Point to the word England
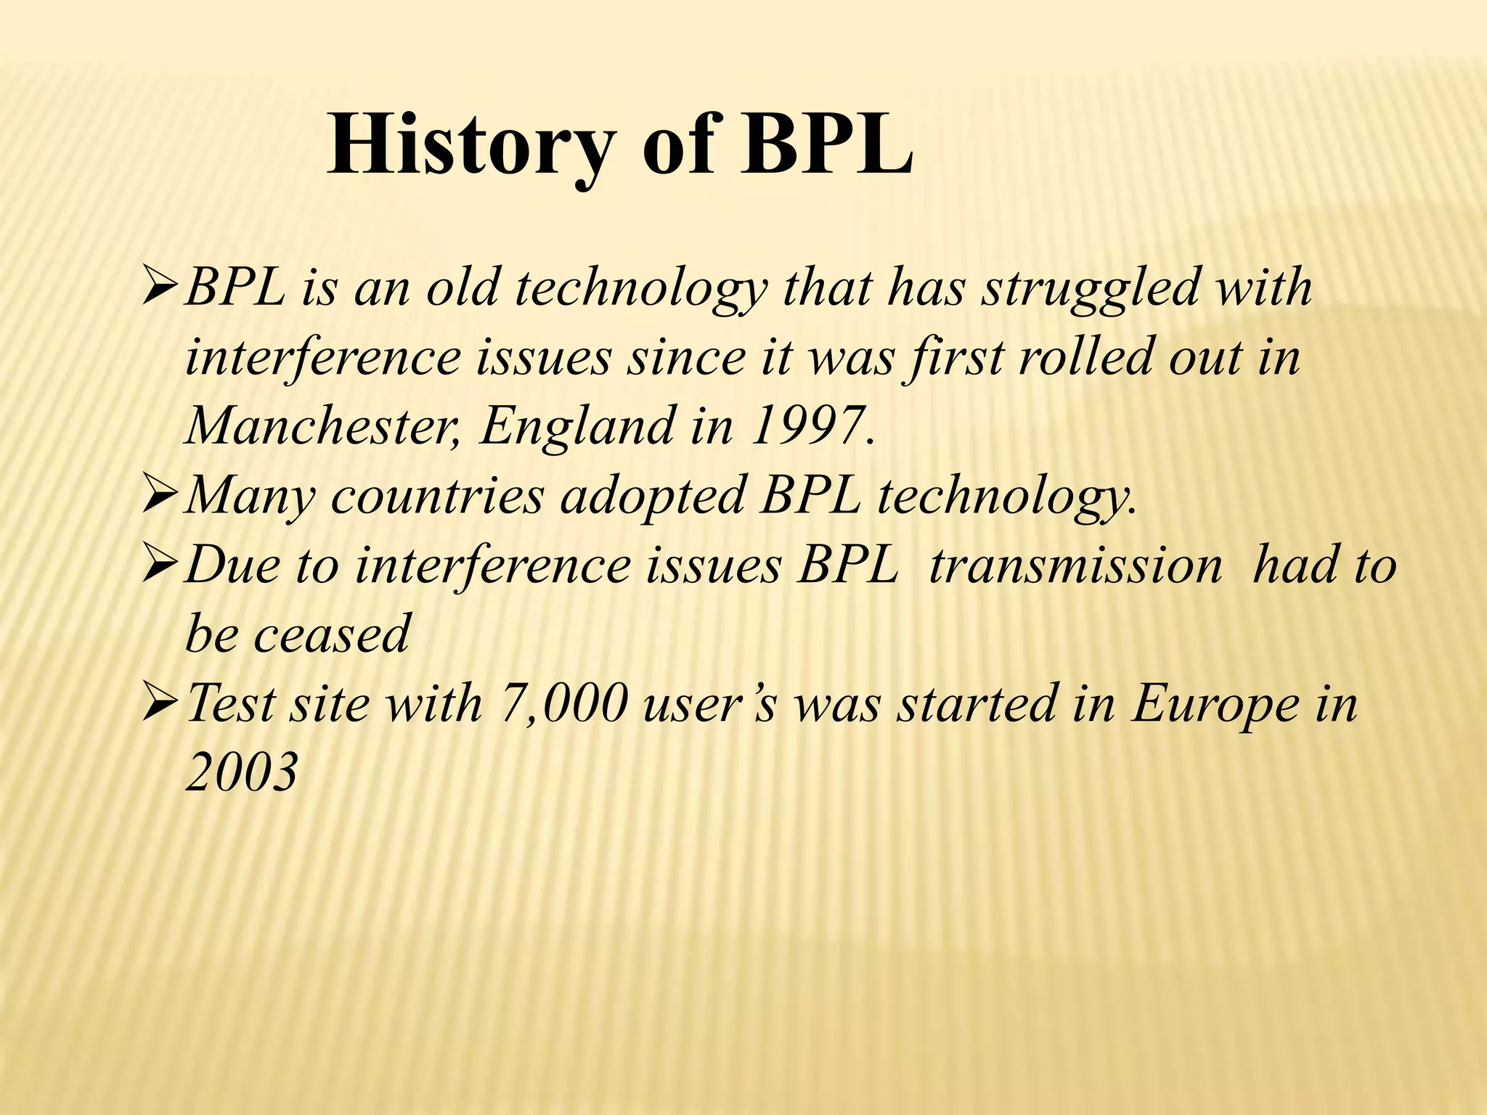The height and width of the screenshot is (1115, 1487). [x=577, y=426]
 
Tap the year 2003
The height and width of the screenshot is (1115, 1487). [x=242, y=772]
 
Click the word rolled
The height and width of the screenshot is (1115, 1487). [x=1085, y=357]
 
